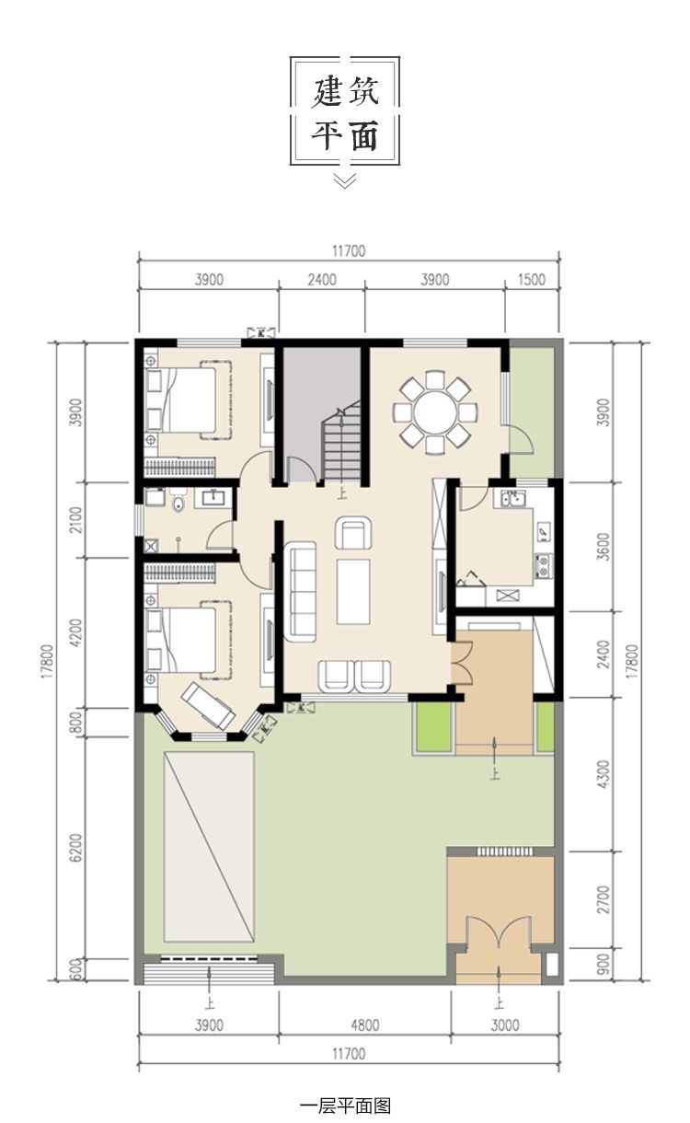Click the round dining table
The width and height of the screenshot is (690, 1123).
pos(435,413)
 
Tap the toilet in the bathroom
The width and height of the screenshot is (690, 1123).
pos(178,502)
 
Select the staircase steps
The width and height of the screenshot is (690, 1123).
pos(341,441)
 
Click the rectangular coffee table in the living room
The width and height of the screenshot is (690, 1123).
pos(353,592)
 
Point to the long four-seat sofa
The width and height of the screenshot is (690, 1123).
pos(300,592)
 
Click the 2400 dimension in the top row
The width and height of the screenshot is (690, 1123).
pos(322,280)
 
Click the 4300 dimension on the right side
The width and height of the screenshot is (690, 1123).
pos(604,774)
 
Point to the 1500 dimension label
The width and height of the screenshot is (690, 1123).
pos(531,280)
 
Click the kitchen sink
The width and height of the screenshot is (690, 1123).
pos(512,498)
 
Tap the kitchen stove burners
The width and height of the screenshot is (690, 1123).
pos(543,565)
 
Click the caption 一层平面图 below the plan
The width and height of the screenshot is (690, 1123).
pos(345,1105)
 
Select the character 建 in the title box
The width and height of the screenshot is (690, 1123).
pos(327,91)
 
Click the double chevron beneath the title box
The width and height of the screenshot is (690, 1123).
pos(345,180)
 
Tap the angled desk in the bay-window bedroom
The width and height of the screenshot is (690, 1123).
pos(207,705)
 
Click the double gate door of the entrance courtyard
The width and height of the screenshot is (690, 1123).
pos(498,930)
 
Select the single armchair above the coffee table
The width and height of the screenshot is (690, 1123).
pos(353,532)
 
